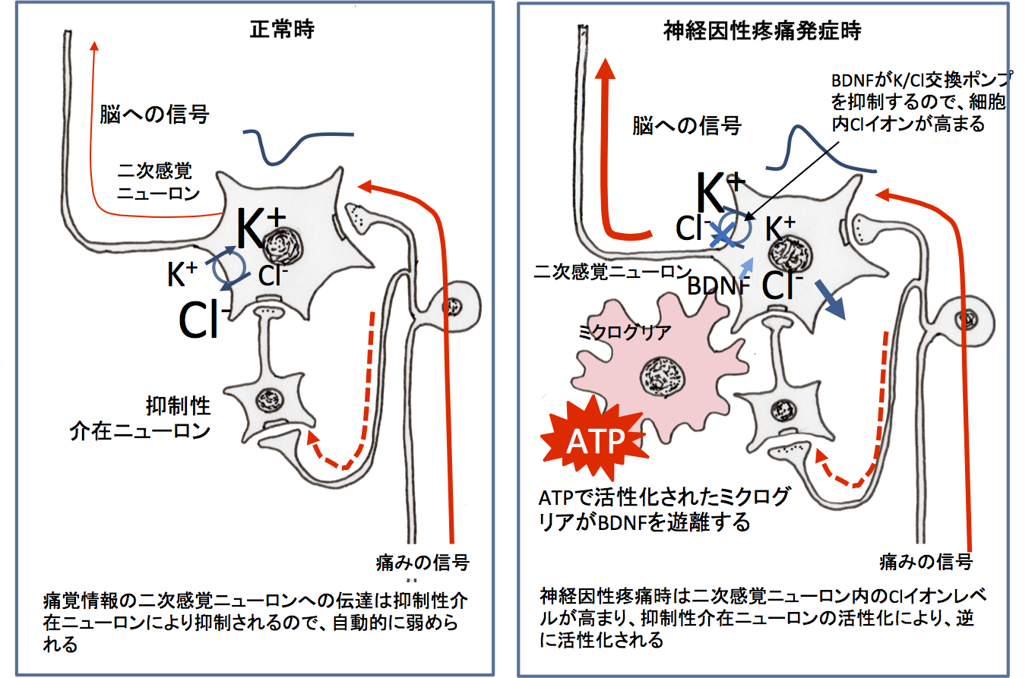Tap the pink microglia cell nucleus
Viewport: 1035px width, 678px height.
tap(662, 376)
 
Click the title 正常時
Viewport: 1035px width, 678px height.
tap(282, 30)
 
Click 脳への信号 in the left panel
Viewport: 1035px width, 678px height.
tap(154, 115)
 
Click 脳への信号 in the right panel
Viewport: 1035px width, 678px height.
tap(685, 126)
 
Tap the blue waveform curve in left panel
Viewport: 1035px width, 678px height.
tap(296, 147)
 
